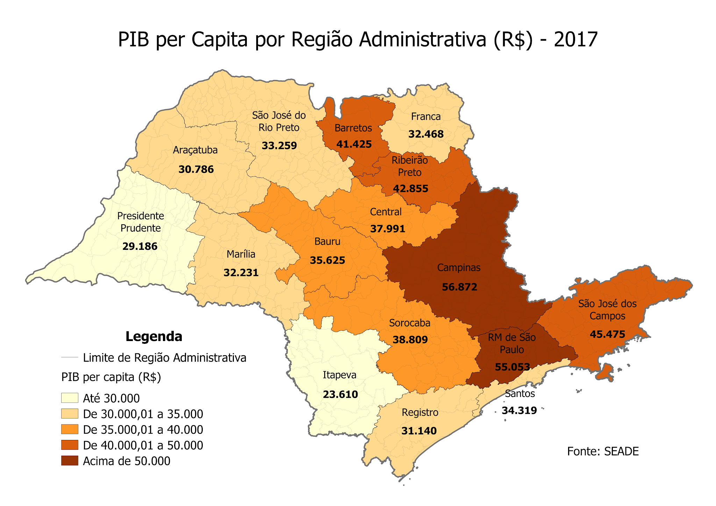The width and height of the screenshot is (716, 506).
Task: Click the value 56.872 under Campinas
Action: (x=459, y=287)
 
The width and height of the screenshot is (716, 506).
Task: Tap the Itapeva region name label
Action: (x=339, y=375)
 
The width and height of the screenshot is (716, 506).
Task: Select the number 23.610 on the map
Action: (x=340, y=395)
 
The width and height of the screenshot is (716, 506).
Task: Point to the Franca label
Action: (x=425, y=116)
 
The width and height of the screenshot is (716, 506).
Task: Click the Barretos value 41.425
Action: (x=354, y=144)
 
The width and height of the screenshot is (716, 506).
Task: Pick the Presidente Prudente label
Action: (x=141, y=222)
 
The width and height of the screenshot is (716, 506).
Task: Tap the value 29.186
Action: (x=140, y=246)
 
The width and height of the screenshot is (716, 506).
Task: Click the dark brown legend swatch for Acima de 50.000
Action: (x=70, y=461)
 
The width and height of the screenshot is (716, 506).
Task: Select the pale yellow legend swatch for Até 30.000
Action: (x=70, y=398)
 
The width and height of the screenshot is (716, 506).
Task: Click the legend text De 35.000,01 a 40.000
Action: (x=143, y=429)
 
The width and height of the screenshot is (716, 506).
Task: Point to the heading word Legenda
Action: (x=154, y=337)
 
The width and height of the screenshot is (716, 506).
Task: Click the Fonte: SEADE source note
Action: (x=603, y=451)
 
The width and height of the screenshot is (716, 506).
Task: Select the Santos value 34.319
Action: (x=519, y=411)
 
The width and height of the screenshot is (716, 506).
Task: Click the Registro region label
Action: (x=420, y=412)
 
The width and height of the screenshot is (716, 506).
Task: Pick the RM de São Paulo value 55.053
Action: (x=512, y=367)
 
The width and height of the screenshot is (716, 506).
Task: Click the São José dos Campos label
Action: (x=607, y=310)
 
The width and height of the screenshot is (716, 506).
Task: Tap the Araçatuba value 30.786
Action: (x=196, y=169)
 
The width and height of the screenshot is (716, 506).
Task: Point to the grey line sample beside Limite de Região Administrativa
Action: (x=70, y=357)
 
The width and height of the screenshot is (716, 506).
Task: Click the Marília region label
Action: (x=241, y=254)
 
